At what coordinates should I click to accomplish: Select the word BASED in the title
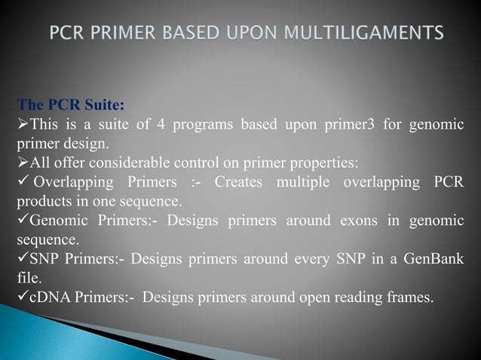click(x=208, y=34)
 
